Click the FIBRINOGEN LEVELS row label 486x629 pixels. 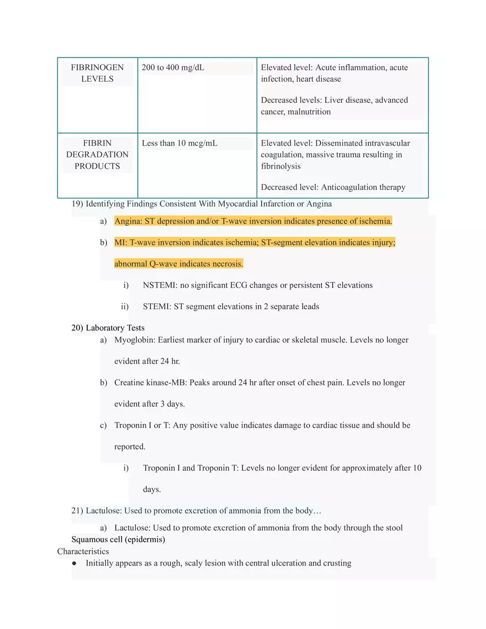pyautogui.click(x=97, y=73)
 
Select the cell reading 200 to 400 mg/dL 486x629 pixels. pyautogui.click(x=173, y=67)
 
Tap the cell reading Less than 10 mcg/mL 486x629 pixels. pyautogui.click(x=179, y=143)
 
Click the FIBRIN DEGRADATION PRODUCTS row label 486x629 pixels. pyautogui.click(x=97, y=155)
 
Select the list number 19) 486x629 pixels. pyautogui.click(x=77, y=204)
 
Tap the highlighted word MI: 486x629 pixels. pyautogui.click(x=121, y=242)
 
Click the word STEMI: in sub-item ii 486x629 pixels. pyautogui.click(x=157, y=306)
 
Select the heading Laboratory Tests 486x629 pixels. pyautogui.click(x=115, y=328)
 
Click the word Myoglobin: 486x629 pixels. pyautogui.click(x=135, y=340)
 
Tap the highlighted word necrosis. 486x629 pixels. pyautogui.click(x=228, y=264)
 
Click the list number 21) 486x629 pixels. pyautogui.click(x=77, y=510)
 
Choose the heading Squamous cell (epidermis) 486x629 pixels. pyautogui.click(x=118, y=539)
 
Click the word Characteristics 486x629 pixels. pyautogui.click(x=83, y=551)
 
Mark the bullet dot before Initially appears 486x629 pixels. pyautogui.click(x=74, y=563)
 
